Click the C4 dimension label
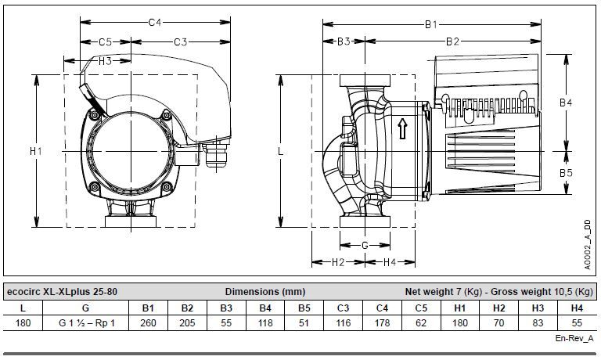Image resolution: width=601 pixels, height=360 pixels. tap(155, 22)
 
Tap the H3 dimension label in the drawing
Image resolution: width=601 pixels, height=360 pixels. tap(105, 60)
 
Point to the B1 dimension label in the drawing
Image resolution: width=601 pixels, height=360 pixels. tap(431, 24)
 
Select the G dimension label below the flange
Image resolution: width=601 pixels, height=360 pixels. tap(365, 246)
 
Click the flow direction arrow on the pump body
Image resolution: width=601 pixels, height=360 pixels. tap(402, 129)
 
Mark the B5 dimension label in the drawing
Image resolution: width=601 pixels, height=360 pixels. tap(566, 173)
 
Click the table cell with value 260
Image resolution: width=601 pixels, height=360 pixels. tap(148, 323)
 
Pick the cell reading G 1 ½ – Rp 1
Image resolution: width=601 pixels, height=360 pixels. tap(87, 323)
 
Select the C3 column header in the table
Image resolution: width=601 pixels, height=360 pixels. tap(343, 308)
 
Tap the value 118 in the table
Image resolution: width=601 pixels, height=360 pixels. tap(265, 323)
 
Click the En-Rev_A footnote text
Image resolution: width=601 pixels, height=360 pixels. tap(574, 339)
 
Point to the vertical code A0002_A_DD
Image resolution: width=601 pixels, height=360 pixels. tap(587, 245)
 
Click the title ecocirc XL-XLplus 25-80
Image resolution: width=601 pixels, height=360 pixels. tap(62, 292)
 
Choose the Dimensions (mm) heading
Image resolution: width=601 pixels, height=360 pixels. tap(265, 292)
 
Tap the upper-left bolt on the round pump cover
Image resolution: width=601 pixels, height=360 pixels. tap(94, 114)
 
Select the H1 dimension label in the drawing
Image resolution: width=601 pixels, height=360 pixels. tap(36, 152)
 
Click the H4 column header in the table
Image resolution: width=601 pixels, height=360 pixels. tap(577, 308)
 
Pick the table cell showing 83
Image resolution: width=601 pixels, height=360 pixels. tap(538, 323)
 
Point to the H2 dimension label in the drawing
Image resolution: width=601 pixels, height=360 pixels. tap(338, 262)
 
